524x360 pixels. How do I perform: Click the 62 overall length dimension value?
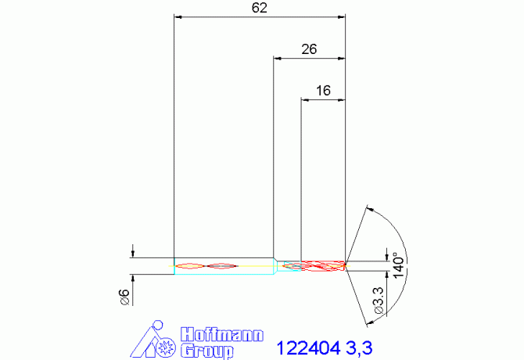click(x=260, y=8)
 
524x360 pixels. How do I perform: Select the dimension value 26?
click(x=309, y=49)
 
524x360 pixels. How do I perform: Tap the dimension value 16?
click(x=323, y=91)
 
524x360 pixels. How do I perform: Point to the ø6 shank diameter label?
click(x=123, y=296)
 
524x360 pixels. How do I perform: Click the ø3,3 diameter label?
click(x=379, y=300)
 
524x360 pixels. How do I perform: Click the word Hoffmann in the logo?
click(x=223, y=333)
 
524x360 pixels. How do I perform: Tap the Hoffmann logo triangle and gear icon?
click(x=151, y=341)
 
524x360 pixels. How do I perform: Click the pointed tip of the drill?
click(x=346, y=264)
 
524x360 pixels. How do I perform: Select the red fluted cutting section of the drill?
click(x=313, y=266)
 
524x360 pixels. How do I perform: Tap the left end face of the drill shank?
click(x=174, y=266)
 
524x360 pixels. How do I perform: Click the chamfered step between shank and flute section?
click(x=276, y=265)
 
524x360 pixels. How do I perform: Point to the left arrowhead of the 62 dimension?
click(x=178, y=16)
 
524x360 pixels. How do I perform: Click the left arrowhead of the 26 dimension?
click(x=278, y=56)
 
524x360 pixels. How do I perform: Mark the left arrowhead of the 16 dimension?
click(x=306, y=99)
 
